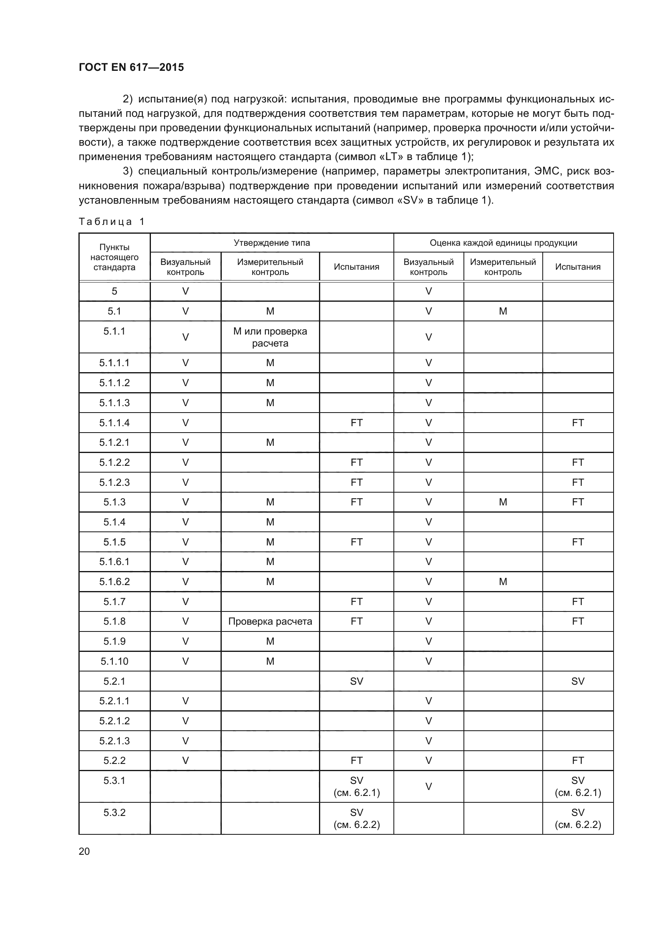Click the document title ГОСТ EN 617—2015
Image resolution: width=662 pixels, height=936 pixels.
[131, 67]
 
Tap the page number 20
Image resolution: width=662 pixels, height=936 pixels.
[84, 851]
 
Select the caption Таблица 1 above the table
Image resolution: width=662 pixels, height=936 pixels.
[111, 222]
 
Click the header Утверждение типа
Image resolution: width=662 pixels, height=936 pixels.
[271, 243]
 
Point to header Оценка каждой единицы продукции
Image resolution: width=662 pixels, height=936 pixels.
[503, 243]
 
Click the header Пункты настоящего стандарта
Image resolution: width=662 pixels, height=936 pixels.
[114, 257]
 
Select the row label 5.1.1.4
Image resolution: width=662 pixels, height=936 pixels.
[114, 423]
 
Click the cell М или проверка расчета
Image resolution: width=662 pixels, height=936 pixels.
[270, 337]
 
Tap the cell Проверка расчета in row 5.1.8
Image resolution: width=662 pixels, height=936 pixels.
[270, 621]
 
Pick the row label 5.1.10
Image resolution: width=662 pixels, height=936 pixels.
[114, 661]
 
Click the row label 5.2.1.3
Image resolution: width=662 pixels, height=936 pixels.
[114, 741]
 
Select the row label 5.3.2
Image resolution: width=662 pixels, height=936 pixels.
[114, 812]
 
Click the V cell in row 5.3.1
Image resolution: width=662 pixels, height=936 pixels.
[428, 786]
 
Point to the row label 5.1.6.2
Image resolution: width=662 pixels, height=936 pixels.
[114, 582]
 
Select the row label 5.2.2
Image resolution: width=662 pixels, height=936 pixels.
[114, 760]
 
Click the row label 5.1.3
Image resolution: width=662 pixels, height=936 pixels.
[114, 502]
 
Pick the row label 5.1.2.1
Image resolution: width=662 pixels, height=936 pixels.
[114, 442]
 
